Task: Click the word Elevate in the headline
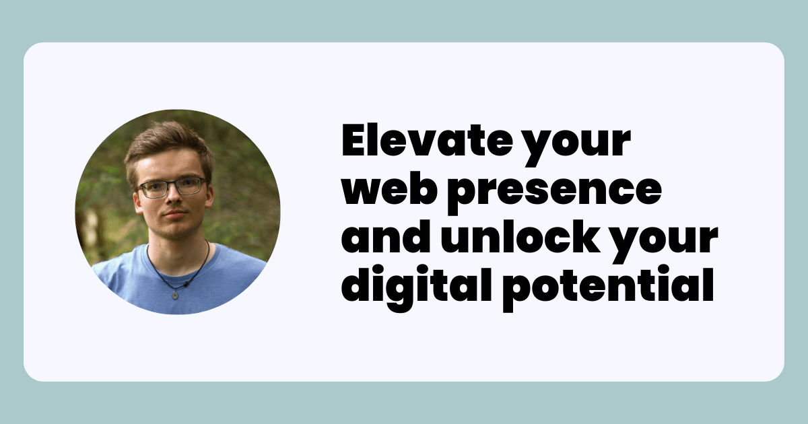(427, 140)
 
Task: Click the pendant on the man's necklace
(175, 295)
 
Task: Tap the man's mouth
(175, 214)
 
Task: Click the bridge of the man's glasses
(171, 185)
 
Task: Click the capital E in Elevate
(355, 140)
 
